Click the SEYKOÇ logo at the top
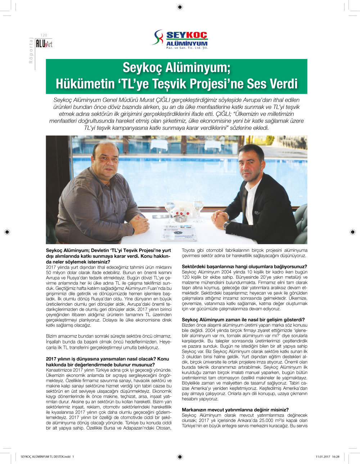[x=180, y=39]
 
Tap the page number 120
[x=44, y=35]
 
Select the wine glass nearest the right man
[x=198, y=206]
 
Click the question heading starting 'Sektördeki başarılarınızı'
[x=244, y=267]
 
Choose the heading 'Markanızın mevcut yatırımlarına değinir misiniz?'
[x=235, y=410]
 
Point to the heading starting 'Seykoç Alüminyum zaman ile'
[x=243, y=319]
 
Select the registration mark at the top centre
[x=180, y=7]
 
